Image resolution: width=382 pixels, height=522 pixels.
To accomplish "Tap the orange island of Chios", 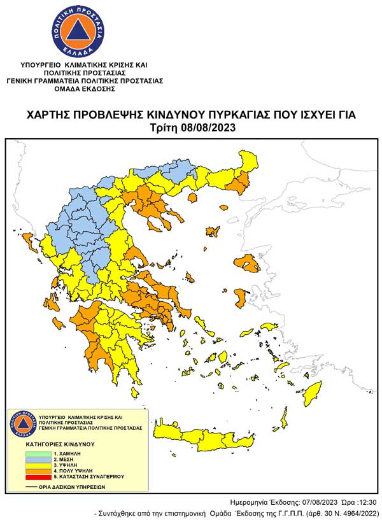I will click(x=241, y=296).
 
